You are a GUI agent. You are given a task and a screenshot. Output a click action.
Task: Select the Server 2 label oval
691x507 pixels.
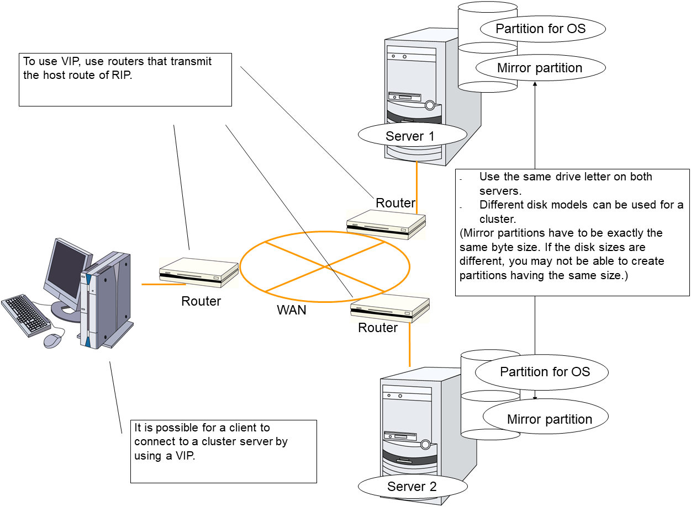[x=412, y=487]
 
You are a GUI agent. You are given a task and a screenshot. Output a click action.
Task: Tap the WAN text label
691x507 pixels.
[x=291, y=310]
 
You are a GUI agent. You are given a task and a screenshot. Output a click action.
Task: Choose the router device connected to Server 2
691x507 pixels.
[x=390, y=308]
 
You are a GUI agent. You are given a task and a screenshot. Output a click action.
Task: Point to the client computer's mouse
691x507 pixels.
[x=52, y=340]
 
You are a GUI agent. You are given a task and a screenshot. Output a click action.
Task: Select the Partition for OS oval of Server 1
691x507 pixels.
[x=540, y=29]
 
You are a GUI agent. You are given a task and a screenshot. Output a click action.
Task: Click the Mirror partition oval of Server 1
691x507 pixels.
[x=540, y=68]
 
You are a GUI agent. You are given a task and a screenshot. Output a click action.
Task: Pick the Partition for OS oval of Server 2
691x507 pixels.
[x=545, y=372]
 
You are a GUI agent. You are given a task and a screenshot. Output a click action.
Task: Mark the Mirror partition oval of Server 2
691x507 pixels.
[x=549, y=419]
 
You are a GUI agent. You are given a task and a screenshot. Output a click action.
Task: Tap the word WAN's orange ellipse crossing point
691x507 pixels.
[x=324, y=266]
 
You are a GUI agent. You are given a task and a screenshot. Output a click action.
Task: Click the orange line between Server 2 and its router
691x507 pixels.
[x=410, y=345]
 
